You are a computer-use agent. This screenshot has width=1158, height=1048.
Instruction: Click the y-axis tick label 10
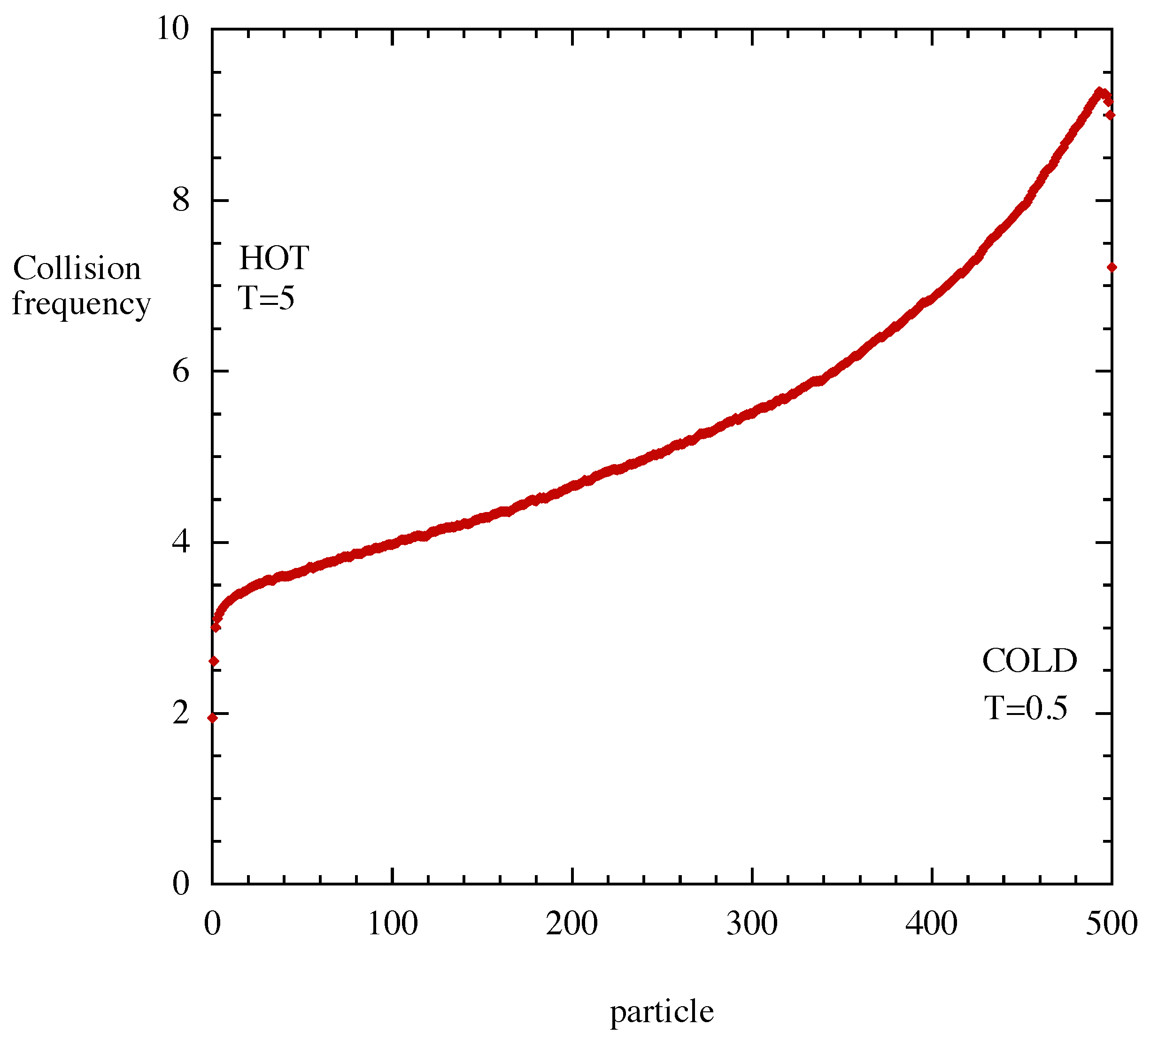point(173,29)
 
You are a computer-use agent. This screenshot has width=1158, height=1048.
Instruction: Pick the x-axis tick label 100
point(392,924)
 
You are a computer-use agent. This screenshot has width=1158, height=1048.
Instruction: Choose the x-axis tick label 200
point(572,924)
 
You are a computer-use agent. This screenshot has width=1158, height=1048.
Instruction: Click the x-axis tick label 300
point(752,924)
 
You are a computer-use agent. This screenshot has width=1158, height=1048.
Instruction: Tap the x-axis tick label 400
point(932,924)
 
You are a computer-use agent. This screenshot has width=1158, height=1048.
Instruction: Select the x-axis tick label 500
point(1112,924)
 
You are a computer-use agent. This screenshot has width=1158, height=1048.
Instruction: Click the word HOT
point(274,258)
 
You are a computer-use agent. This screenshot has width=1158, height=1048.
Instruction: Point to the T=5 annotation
point(267,298)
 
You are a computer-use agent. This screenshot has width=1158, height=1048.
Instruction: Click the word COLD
point(1029,661)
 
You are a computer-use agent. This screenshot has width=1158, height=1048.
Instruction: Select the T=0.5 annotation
point(1026,707)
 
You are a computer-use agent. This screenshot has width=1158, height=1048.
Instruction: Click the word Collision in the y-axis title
point(77,268)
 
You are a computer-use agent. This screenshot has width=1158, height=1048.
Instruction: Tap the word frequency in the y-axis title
point(81,304)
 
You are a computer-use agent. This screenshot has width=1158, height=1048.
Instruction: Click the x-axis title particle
point(662,1012)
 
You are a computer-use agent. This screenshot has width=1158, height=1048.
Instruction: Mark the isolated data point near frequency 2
point(213,717)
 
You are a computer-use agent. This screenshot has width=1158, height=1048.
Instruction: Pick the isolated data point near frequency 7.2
point(1112,267)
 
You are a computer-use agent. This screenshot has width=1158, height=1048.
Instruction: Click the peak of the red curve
point(1099,92)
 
